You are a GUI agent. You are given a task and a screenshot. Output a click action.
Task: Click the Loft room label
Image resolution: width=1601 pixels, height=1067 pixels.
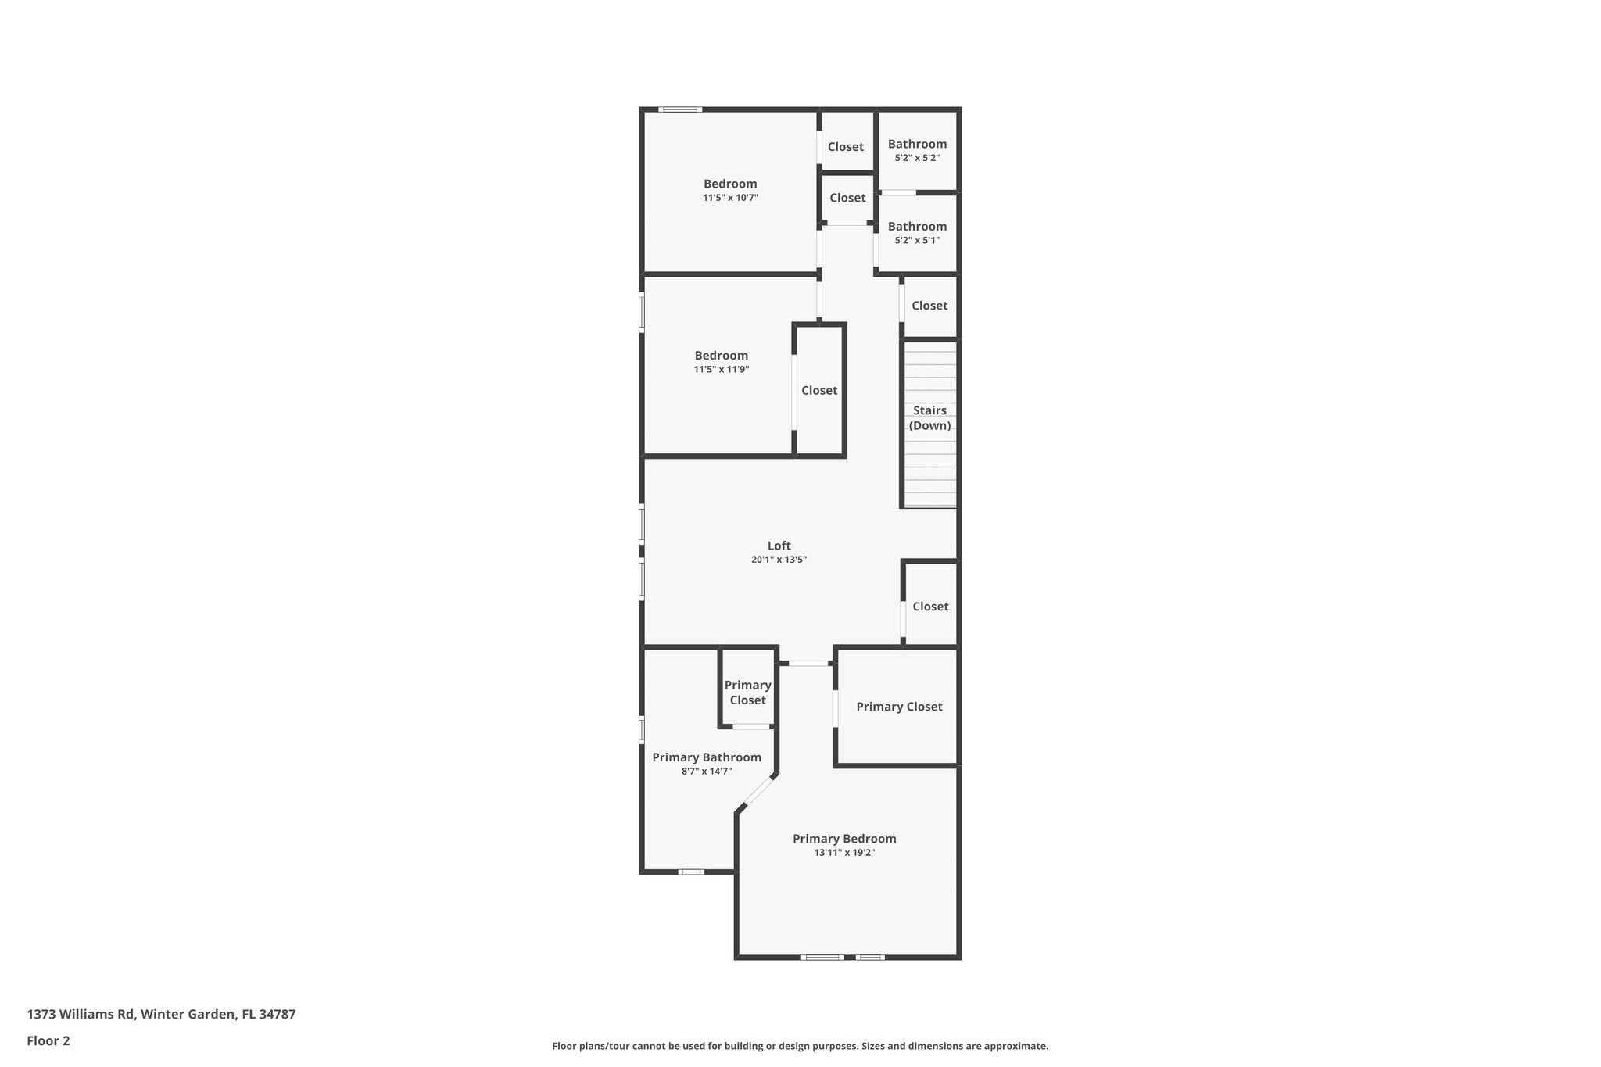click(x=779, y=546)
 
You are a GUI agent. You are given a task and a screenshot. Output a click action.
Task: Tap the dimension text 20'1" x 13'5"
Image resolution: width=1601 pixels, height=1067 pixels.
click(x=779, y=560)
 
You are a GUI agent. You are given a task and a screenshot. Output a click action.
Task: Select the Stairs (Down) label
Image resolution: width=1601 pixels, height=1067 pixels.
click(x=929, y=418)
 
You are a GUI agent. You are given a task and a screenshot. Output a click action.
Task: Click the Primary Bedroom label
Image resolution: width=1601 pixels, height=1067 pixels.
click(x=844, y=839)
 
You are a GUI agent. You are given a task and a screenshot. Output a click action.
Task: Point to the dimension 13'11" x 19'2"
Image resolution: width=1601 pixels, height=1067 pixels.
click(x=844, y=853)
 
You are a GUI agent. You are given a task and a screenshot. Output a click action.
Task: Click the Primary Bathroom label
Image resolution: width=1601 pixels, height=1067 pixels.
click(x=707, y=757)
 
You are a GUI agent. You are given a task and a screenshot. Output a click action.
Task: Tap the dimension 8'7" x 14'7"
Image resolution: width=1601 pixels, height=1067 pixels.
click(x=707, y=771)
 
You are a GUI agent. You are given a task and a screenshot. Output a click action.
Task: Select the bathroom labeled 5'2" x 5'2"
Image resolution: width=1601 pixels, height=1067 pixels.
click(x=917, y=150)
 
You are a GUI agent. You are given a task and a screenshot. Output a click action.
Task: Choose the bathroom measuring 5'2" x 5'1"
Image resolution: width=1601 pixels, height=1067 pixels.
click(x=917, y=233)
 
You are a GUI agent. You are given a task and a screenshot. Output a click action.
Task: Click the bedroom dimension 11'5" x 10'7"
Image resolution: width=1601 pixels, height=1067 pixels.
click(x=730, y=198)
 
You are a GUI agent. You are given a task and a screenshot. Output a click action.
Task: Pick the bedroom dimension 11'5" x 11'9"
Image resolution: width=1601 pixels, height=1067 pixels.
click(x=722, y=369)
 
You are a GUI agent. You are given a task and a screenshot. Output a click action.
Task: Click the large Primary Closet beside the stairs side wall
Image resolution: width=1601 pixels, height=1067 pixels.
click(x=899, y=707)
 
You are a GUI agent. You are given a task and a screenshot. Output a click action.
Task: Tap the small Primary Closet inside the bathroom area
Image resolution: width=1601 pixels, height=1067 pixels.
click(x=747, y=693)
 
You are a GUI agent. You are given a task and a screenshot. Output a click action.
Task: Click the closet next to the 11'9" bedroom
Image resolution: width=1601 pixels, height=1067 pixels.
click(x=819, y=390)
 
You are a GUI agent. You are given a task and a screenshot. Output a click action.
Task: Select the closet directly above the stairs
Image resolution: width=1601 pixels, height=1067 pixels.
click(x=929, y=306)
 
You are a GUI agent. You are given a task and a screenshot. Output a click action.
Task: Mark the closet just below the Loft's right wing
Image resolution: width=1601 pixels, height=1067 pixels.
click(x=930, y=607)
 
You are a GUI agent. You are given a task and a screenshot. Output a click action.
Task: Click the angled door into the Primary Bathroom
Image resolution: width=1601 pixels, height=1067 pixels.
click(x=756, y=794)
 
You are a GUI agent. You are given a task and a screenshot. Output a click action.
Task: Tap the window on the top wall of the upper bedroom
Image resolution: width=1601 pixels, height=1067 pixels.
click(x=679, y=109)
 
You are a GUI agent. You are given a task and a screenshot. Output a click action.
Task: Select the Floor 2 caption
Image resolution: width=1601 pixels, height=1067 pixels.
click(x=48, y=1040)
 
